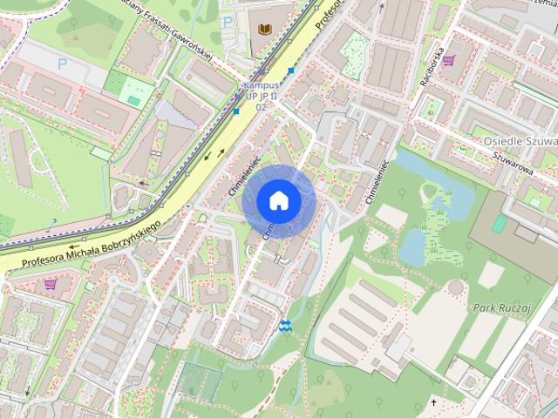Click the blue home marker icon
point(278,200)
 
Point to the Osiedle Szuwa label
point(520,140)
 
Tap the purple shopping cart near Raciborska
point(449,60)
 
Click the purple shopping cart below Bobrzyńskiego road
point(51,283)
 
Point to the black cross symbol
point(433,403)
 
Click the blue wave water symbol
point(284,326)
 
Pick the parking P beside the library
point(228,21)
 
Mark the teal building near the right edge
point(499,224)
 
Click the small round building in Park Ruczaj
point(456,287)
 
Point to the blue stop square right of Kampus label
point(291,71)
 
